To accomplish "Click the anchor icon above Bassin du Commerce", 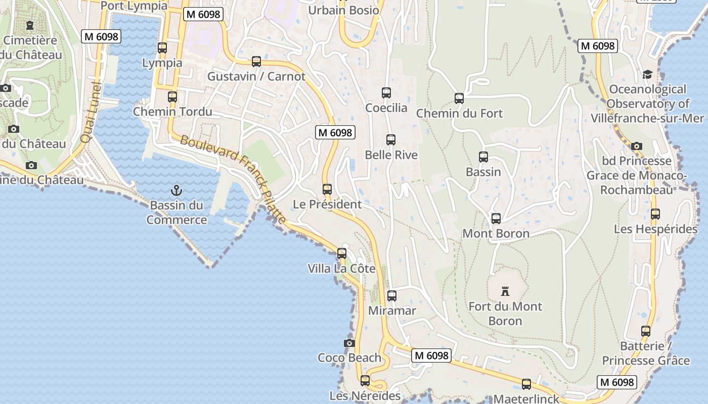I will (176, 190).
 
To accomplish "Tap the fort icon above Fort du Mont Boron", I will (505, 291).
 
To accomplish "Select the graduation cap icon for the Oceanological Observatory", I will (647, 75).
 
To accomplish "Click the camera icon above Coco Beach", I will (349, 343).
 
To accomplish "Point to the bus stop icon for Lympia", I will (162, 48).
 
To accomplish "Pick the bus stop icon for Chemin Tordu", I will (172, 96).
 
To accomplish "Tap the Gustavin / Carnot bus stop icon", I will (256, 62).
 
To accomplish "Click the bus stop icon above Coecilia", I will (386, 93).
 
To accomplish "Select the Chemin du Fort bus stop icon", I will (459, 98).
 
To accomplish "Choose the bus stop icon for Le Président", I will (327, 189).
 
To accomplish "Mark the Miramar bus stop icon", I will (392, 296).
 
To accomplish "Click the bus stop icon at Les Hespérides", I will (655, 214).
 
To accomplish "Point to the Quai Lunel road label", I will (91, 112).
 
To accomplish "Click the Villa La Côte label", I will (342, 268).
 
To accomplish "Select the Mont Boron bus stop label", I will (496, 233).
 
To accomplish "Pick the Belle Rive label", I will (391, 155).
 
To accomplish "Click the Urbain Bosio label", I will (343, 10).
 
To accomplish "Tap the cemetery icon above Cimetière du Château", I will (30, 25).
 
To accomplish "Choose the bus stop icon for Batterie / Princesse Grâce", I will (646, 331).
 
